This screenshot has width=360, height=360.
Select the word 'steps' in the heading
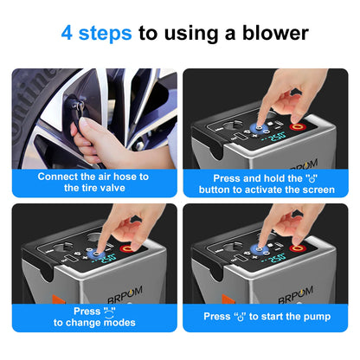pyautogui.click(x=108, y=34)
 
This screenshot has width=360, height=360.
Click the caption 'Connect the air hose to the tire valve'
pyautogui.click(x=93, y=182)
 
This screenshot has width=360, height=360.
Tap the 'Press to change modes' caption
pyautogui.click(x=93, y=316)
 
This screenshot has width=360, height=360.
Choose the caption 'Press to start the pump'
pyautogui.click(x=267, y=316)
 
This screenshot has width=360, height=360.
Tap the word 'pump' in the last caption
pyautogui.click(x=312, y=316)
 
